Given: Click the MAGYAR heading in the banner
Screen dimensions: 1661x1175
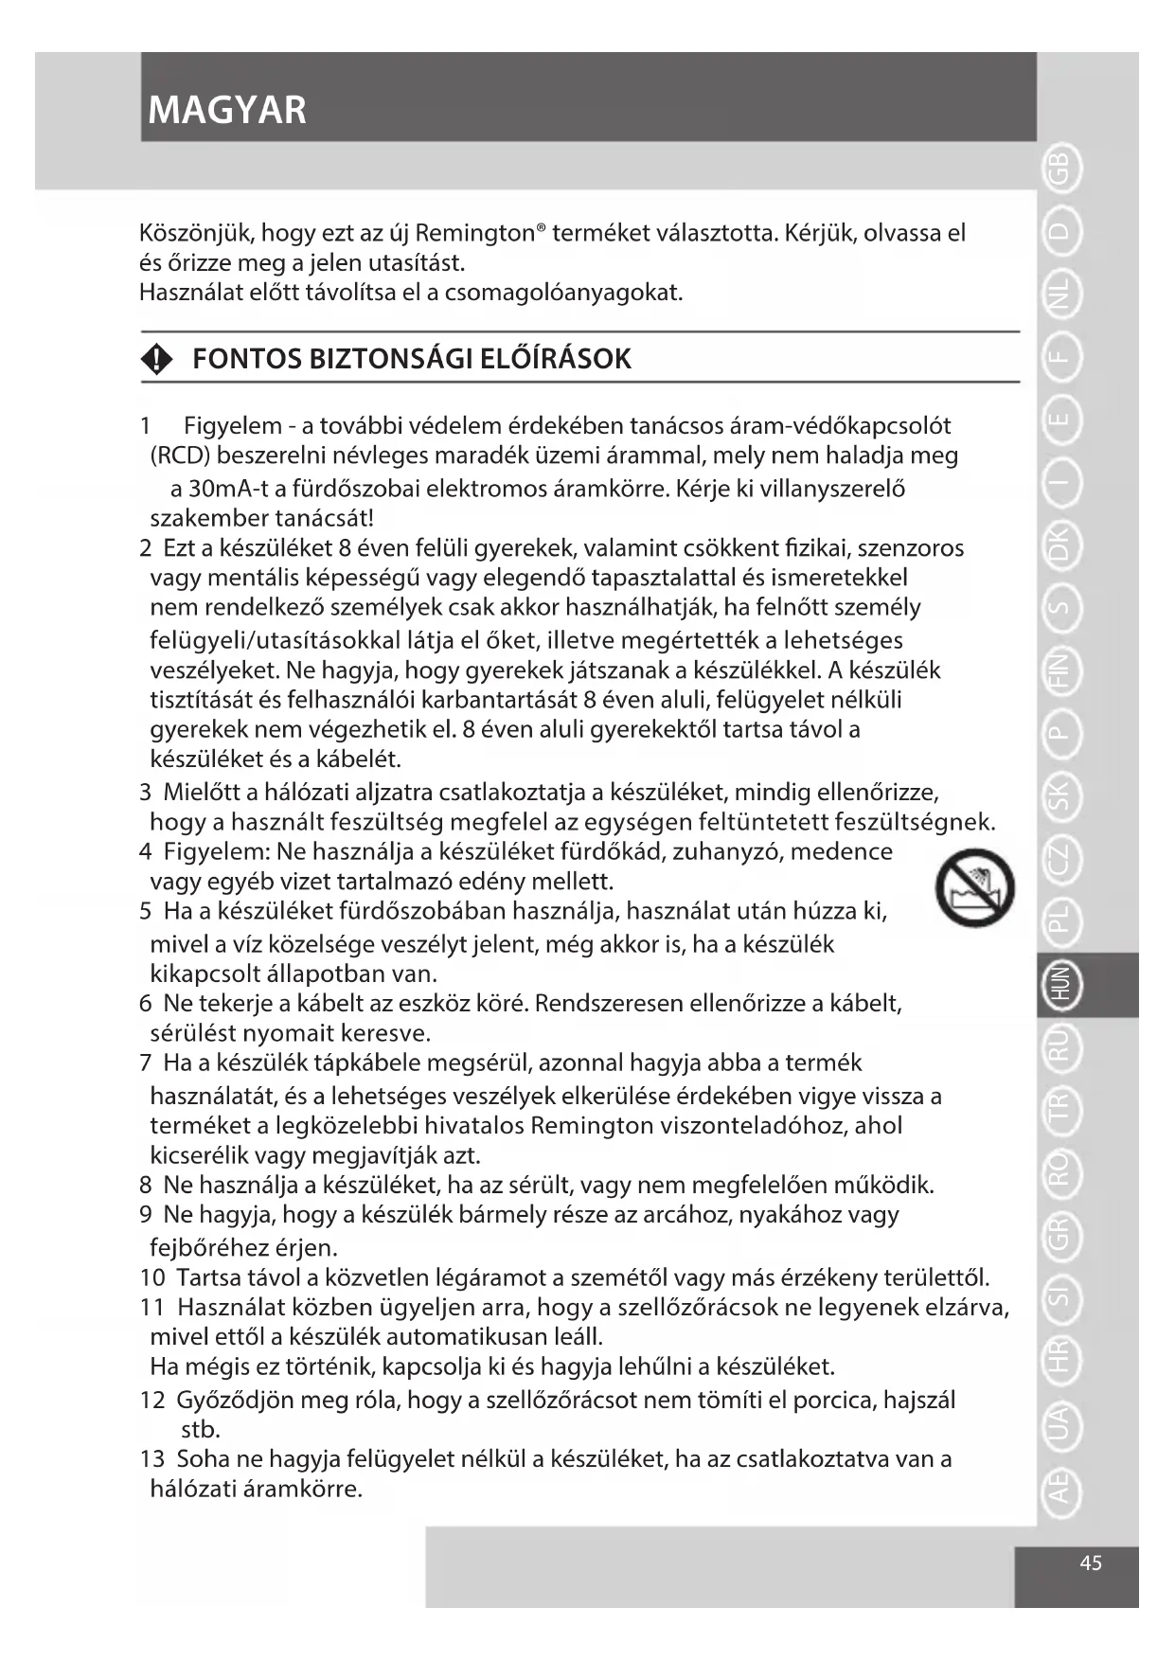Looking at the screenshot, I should click(x=227, y=110).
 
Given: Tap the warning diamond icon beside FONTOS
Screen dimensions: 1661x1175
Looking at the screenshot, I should click(x=157, y=359).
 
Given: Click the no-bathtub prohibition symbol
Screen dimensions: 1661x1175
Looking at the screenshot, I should click(x=974, y=887).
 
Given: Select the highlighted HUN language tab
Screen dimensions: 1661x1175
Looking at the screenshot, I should click(x=1060, y=984).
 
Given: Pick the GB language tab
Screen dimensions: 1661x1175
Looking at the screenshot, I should click(x=1060, y=170).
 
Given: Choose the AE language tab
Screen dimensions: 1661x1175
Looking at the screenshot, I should click(x=1060, y=1486).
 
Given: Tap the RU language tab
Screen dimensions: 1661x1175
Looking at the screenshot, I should click(x=1060, y=1045).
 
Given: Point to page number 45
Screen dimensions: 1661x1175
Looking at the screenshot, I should click(x=1091, y=1563).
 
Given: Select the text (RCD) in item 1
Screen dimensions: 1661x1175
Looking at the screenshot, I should click(x=180, y=455).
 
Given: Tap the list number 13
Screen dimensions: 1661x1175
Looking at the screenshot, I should click(x=151, y=1458).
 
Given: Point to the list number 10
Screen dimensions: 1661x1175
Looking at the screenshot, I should click(x=151, y=1277).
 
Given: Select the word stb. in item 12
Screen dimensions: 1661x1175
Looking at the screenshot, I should click(x=200, y=1428).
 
